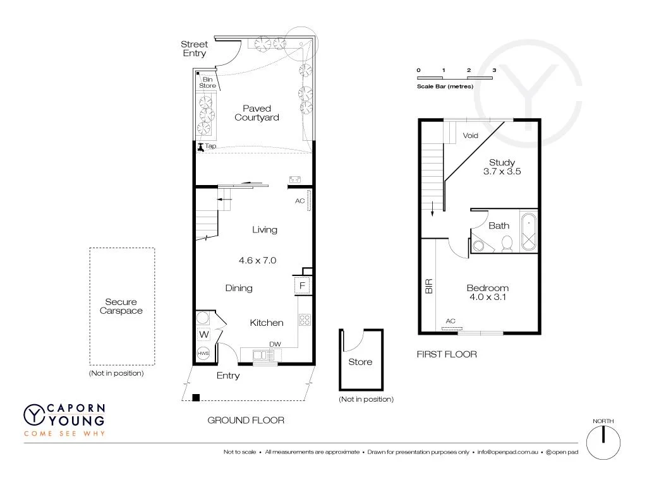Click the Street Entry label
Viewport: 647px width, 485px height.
tap(194, 49)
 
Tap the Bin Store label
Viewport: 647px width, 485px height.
tap(207, 82)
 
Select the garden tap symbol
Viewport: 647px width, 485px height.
tap(201, 148)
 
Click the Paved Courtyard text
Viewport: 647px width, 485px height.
tap(257, 113)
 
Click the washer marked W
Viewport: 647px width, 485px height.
tap(204, 334)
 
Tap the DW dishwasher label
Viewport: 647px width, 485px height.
tap(275, 344)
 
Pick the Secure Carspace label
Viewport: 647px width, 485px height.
tap(121, 306)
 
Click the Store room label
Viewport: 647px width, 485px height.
tap(360, 362)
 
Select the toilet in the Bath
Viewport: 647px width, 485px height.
tap(506, 244)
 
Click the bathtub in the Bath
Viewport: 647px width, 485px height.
tap(528, 232)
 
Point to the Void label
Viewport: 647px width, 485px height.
tap(471, 136)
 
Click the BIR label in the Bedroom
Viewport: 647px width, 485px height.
tap(429, 287)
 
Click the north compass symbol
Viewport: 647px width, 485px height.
tap(603, 439)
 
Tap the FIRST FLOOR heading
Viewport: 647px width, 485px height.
tap(446, 354)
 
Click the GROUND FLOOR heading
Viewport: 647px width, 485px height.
tap(246, 420)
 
